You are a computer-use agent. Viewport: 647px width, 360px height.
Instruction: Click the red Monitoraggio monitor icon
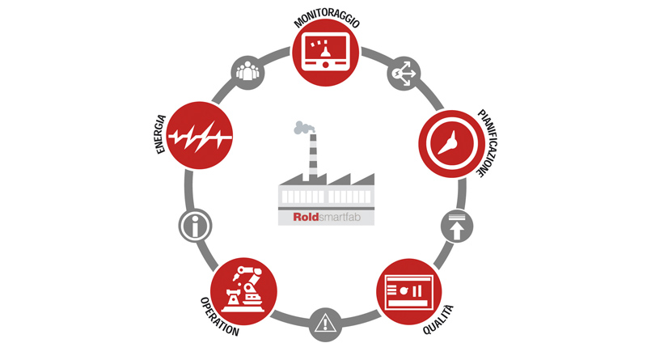point(325,53)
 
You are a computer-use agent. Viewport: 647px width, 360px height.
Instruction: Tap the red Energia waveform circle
point(200,135)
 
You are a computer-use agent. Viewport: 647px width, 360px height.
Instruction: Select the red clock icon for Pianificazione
point(452,144)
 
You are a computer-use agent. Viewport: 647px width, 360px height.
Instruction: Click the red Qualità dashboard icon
point(409,291)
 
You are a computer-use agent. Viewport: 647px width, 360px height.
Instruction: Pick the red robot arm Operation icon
point(243,291)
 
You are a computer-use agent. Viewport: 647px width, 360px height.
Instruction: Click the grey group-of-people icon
point(247,73)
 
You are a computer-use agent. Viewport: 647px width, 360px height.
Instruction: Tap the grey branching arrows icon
point(404,74)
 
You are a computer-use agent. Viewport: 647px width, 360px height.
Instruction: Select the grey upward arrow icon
point(457,227)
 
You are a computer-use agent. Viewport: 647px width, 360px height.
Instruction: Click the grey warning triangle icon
point(325,324)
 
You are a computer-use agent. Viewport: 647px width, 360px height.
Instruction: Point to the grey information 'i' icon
point(195,226)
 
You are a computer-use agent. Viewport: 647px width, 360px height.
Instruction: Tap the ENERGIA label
point(161,134)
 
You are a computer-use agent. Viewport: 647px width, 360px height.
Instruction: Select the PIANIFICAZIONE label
point(488,143)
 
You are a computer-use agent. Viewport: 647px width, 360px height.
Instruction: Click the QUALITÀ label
point(438,320)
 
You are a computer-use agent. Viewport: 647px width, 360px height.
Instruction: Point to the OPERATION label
point(219,316)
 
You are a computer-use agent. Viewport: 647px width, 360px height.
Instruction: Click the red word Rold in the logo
point(306,217)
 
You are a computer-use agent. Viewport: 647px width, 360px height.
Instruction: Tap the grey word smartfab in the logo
point(340,217)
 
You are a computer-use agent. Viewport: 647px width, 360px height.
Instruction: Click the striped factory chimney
point(313,157)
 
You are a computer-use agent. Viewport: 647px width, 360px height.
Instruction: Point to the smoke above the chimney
point(304,127)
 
